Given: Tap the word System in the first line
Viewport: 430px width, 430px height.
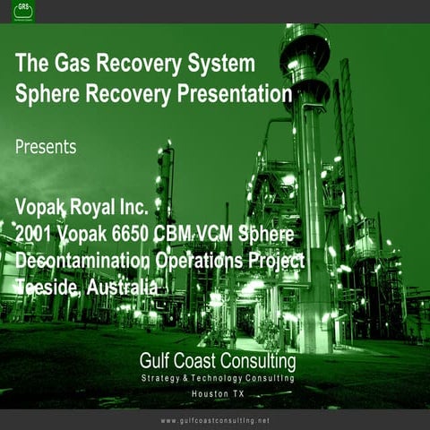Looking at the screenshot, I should click(x=220, y=64).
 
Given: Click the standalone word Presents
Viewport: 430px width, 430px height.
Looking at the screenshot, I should click(x=46, y=146).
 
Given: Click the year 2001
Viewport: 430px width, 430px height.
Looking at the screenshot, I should click(x=35, y=235).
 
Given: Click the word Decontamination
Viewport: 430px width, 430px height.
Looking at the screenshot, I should click(x=86, y=261).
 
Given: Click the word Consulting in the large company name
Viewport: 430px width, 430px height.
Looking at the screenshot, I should click(x=257, y=362).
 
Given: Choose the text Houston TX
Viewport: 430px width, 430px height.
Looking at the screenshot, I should click(x=218, y=395).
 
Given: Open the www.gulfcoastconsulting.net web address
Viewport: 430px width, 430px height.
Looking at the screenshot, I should click(x=215, y=420).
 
